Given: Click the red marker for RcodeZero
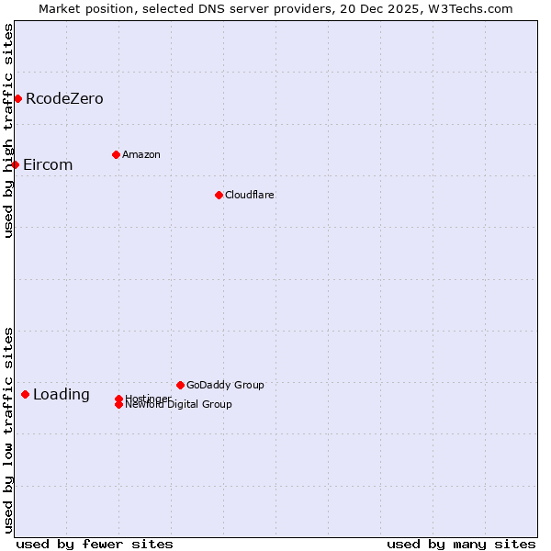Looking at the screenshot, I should coord(17,98).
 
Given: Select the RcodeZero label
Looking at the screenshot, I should coord(64,99).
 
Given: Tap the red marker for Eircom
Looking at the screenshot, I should coord(16,164).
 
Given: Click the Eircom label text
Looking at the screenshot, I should coord(48,165).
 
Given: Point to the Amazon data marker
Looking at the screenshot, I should coord(116,154).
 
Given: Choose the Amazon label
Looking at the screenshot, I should coord(141,155).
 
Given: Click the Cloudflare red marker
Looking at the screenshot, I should coord(219,195).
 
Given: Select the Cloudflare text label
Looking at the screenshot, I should coord(250,196).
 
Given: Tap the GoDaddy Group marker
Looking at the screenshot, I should coord(180,385).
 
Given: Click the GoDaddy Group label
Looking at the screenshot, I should coord(225,386).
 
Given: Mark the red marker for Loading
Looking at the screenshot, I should coord(25,394).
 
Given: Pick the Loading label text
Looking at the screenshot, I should coord(62,395).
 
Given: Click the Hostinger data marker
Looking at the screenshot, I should coord(118,399).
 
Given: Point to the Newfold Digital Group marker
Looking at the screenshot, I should coord(118,405).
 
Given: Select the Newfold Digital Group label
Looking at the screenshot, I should coord(179,405).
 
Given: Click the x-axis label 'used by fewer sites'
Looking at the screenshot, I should coord(95,544).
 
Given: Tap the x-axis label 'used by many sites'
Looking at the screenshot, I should coord(461,544).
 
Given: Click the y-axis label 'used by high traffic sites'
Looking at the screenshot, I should coord(8,130).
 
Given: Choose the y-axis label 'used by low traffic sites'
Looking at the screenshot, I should coord(8,430).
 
